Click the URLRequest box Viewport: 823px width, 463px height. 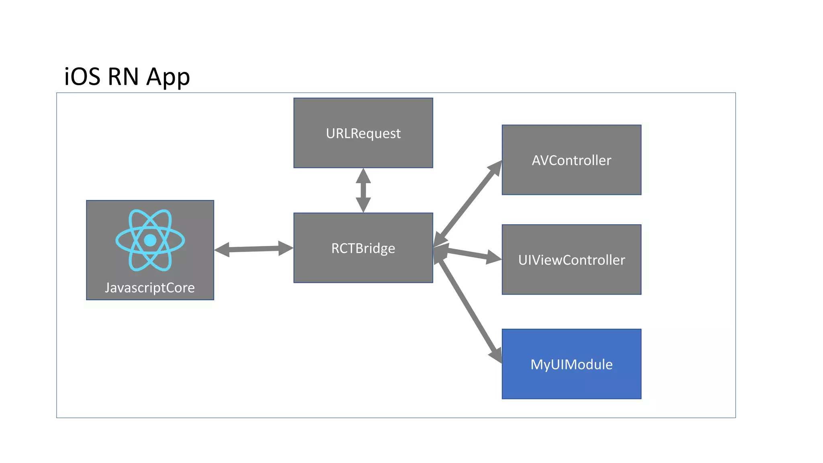click(x=363, y=133)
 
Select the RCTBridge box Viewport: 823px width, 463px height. click(x=363, y=248)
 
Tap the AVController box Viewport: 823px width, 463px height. click(x=571, y=160)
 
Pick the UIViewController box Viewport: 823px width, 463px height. click(x=571, y=260)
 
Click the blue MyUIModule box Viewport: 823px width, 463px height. click(x=571, y=364)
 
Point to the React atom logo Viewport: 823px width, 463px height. click(x=150, y=240)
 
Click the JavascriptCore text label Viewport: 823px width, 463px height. click(x=150, y=288)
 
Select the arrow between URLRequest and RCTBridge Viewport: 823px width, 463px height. click(x=363, y=190)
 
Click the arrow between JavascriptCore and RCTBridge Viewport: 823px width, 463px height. click(x=254, y=249)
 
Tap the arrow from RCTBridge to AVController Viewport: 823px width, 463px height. click(x=468, y=203)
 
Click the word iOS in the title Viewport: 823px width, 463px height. click(x=82, y=76)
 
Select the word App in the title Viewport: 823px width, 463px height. click(x=168, y=77)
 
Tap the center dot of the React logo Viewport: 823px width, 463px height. click(x=150, y=240)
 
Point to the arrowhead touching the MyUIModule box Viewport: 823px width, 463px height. click(x=496, y=354)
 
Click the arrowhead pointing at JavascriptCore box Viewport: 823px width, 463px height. click(x=222, y=250)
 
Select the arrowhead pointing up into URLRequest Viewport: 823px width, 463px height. click(x=363, y=175)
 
